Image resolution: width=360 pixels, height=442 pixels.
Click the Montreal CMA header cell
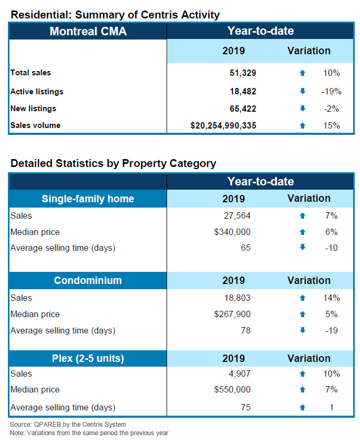[x=88, y=31]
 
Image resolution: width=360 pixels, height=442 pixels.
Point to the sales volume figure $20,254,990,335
[x=223, y=125]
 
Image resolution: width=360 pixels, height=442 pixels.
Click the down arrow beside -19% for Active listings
[x=302, y=92]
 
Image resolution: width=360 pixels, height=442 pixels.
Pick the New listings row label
[x=33, y=109]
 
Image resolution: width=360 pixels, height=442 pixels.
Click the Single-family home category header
[x=88, y=199]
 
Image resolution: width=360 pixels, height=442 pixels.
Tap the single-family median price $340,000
[x=232, y=232]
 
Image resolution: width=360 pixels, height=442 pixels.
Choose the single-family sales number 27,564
[x=237, y=215]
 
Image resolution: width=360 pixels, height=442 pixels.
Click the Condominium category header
[x=88, y=280]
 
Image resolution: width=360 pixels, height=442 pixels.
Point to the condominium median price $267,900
[x=232, y=315]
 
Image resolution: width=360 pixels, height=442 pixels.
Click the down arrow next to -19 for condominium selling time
[x=302, y=331]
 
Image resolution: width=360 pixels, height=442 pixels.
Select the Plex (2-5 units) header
[x=88, y=358]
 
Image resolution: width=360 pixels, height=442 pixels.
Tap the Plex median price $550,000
[x=232, y=390]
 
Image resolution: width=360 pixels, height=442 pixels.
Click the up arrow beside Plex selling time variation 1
[x=302, y=407]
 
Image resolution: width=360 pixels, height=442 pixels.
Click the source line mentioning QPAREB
[x=68, y=424]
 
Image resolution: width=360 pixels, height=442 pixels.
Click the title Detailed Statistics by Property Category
[x=113, y=163]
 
